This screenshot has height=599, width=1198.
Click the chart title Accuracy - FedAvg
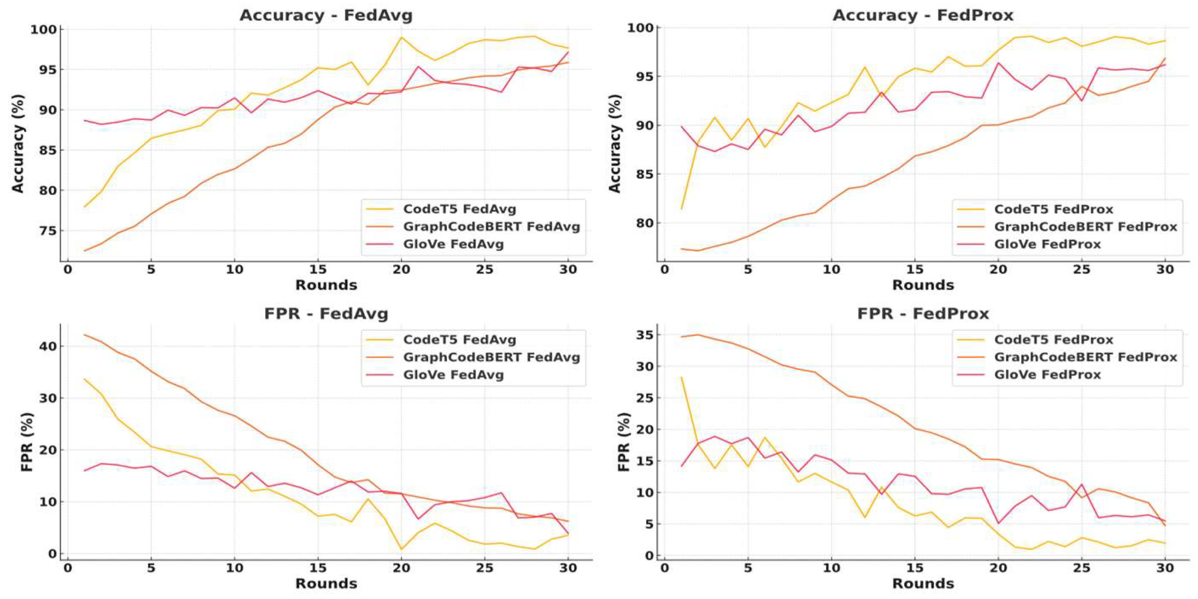(325, 15)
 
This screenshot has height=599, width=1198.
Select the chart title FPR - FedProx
(923, 314)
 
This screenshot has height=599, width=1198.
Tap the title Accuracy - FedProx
(923, 15)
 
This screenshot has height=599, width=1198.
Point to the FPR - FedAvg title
(325, 314)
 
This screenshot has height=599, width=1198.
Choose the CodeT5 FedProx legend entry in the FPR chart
(1053, 340)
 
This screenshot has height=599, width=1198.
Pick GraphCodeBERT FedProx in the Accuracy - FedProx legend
(1086, 227)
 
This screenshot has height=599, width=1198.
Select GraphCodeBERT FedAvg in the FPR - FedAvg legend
(491, 357)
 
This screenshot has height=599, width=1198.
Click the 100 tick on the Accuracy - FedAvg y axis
(43, 30)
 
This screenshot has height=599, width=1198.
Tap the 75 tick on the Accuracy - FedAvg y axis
(47, 231)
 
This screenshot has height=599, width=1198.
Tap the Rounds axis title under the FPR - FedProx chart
(923, 583)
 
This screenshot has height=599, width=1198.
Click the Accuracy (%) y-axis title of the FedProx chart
(615, 143)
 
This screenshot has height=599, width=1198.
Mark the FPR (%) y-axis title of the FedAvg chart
(27, 442)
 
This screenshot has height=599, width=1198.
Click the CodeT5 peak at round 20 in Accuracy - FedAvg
(401, 37)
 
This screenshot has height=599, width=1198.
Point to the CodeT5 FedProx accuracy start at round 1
(681, 208)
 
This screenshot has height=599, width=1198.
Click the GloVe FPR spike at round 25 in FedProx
(1082, 484)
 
